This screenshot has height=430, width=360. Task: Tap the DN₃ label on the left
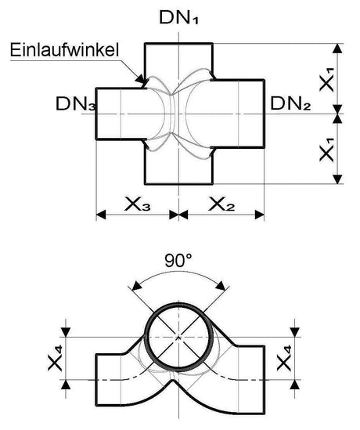[x=74, y=103]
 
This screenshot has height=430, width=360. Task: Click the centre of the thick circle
[x=179, y=337]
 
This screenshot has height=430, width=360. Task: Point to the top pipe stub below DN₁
[x=179, y=59]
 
